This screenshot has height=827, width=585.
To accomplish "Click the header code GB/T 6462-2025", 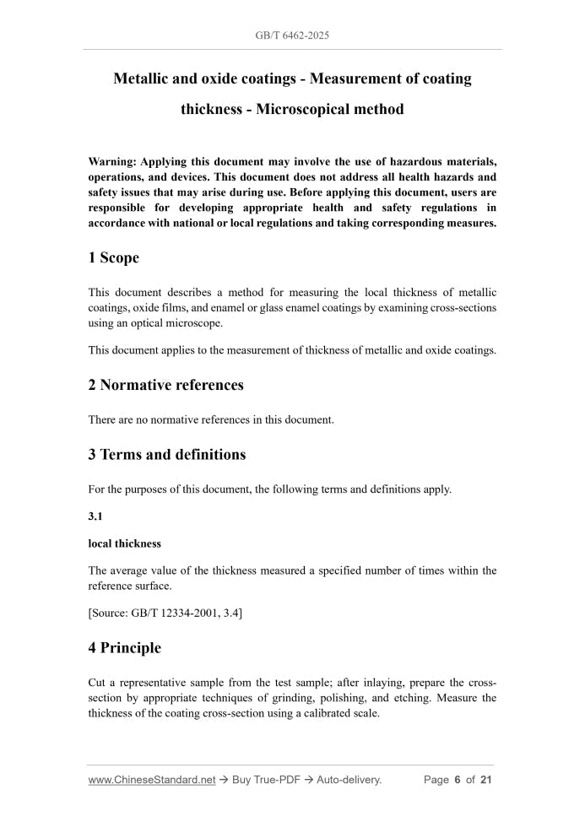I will click(292, 36).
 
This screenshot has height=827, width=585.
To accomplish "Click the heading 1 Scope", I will click(113, 257).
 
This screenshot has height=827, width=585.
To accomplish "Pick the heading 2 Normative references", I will click(165, 385).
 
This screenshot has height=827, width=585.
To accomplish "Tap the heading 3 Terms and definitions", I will click(166, 454).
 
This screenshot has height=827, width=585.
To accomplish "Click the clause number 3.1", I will click(95, 516).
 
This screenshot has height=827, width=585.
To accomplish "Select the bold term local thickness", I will click(124, 543).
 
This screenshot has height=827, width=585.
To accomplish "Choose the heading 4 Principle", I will click(124, 648).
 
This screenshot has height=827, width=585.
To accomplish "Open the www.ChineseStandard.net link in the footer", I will click(151, 780).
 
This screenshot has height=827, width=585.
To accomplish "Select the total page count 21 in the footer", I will click(485, 780).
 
